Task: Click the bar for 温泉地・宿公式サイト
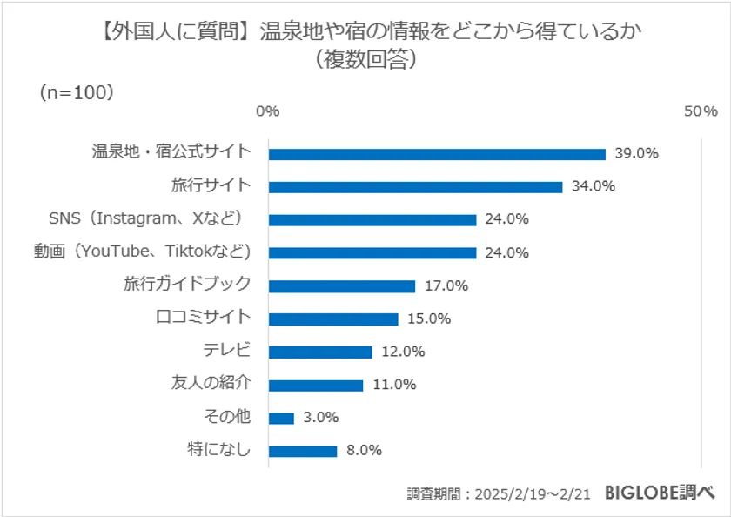tap(437, 154)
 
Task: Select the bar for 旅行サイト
tap(415, 187)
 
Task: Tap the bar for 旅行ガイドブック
tap(342, 286)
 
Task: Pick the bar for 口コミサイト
tap(333, 319)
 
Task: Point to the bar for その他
tap(281, 419)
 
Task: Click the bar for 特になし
tap(303, 452)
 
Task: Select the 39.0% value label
tap(636, 153)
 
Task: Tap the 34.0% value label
tap(594, 186)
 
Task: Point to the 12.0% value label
tap(403, 352)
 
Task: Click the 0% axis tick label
tap(267, 111)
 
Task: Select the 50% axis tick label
tap(701, 111)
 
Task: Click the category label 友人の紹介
tap(211, 384)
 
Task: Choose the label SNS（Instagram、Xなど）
tap(150, 218)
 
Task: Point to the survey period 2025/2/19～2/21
tap(532, 493)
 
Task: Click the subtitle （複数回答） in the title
tap(365, 61)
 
